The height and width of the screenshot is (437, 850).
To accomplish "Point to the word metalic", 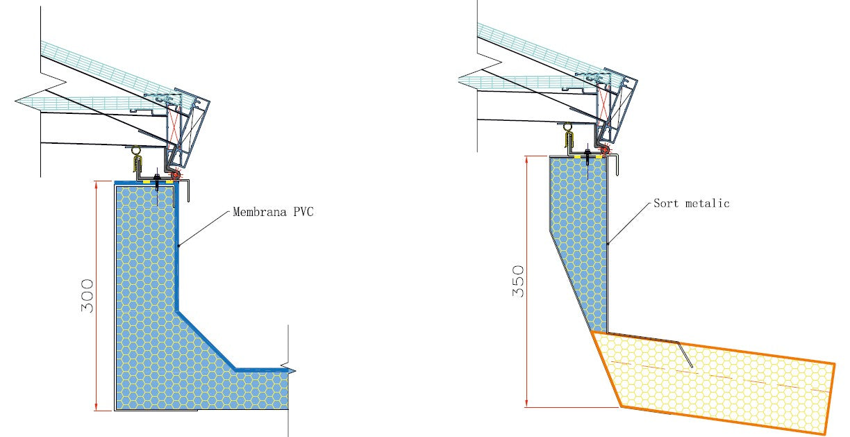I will pos(708,204).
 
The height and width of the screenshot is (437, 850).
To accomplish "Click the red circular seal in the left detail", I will pos(175,176).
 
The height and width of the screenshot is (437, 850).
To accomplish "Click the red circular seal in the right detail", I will pos(605,150).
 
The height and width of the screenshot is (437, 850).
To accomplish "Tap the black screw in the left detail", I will pos(159,183).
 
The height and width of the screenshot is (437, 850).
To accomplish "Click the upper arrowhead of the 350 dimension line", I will pos(528,160).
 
